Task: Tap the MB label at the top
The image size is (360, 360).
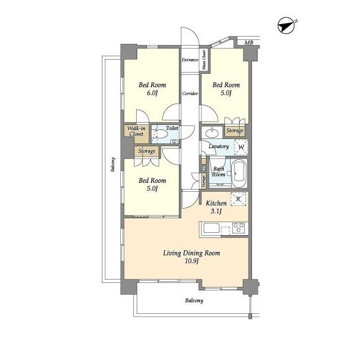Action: [x=249, y=43]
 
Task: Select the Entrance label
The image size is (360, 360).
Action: [x=190, y=59]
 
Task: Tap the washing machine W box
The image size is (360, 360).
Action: [x=241, y=147]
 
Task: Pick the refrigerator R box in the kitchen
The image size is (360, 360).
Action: [x=238, y=199]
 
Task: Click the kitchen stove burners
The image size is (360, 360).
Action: [x=238, y=228]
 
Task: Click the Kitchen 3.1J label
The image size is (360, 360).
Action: [x=216, y=207]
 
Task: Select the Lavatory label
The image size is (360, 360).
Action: [x=218, y=146]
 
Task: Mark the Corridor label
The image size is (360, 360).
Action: [x=190, y=93]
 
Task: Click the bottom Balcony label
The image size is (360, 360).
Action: [x=194, y=300]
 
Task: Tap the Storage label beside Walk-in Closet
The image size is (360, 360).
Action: [x=147, y=151]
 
